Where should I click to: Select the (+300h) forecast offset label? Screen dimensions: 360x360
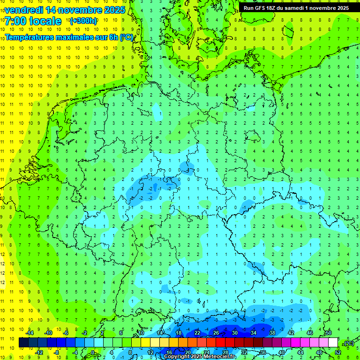coord(83,21)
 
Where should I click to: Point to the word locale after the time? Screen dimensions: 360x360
coord(47,21)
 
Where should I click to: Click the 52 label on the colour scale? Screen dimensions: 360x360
coord(338,352)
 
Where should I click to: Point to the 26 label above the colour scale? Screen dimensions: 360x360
coord(216,332)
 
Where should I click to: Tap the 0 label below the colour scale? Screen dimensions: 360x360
coord(93,352)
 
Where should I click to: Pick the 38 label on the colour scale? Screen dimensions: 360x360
coord(272,332)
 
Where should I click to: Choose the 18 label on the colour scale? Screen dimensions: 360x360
coord(179,332)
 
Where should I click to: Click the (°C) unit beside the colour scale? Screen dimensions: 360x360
coord(349,343)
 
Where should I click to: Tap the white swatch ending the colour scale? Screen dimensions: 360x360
coord(333,343)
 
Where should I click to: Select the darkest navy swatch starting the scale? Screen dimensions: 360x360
coord(23,343)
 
